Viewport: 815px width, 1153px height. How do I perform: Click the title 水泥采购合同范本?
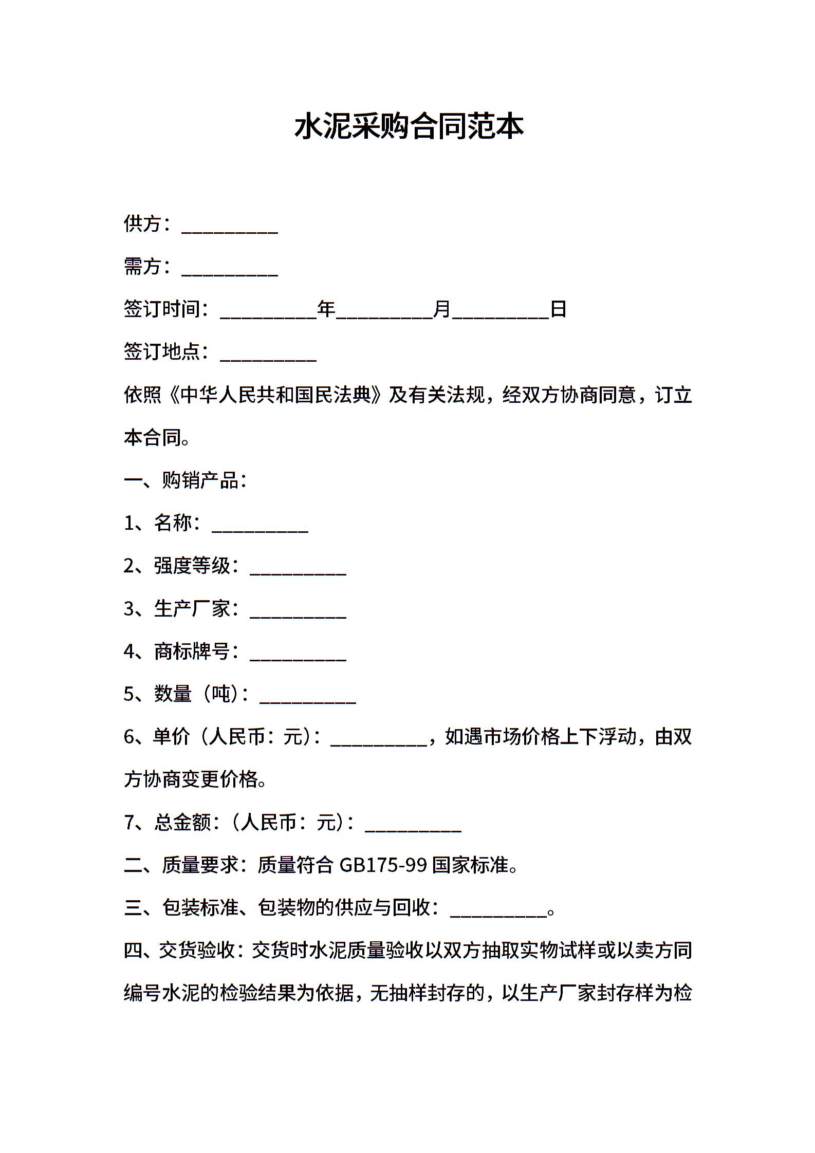point(409,126)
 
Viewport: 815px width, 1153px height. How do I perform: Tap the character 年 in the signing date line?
point(326,309)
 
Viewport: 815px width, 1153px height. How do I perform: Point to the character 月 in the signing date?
point(442,309)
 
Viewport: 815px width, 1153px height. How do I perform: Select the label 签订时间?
point(161,309)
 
